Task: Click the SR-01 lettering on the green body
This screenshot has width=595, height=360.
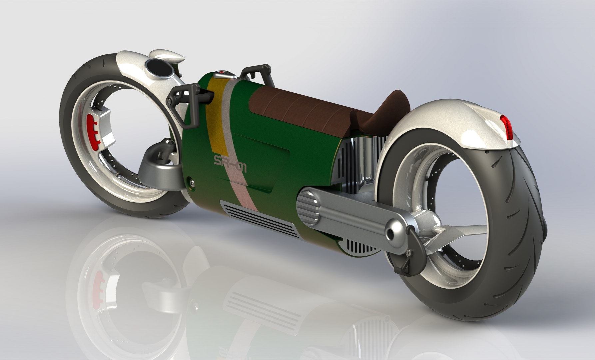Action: (230, 164)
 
